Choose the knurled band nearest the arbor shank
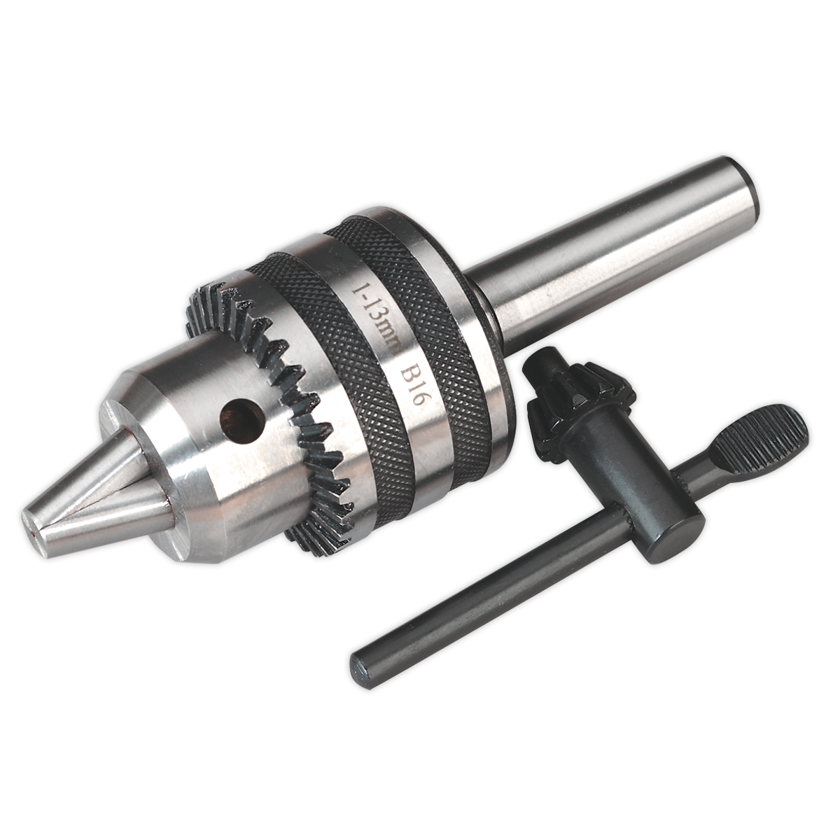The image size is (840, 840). coord(427,329)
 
